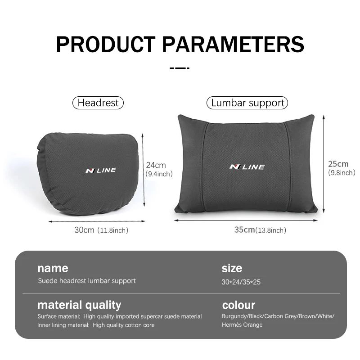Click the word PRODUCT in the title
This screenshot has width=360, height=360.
[x=106, y=44]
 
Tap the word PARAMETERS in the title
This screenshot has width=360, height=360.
[x=233, y=44]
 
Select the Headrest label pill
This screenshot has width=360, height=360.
[x=98, y=103]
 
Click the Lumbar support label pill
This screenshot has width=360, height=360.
[x=247, y=103]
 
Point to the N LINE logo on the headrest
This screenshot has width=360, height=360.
[x=101, y=171]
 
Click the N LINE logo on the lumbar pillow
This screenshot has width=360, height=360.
[x=247, y=167]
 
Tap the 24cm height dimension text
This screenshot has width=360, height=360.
[x=156, y=165]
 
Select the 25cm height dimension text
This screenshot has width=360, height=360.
[x=338, y=164]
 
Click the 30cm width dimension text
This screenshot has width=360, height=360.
[x=84, y=230]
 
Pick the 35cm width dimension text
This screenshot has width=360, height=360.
[x=244, y=229]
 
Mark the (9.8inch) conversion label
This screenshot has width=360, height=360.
[x=342, y=173]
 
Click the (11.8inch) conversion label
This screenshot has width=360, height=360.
[x=113, y=230]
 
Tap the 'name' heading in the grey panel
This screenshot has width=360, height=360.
[x=53, y=268]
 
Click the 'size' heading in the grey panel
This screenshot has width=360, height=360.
[x=232, y=268]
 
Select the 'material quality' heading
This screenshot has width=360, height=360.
[x=79, y=305]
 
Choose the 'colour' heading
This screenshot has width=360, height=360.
[x=238, y=305]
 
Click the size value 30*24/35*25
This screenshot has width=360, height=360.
[x=241, y=282]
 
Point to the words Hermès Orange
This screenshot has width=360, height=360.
[x=242, y=324]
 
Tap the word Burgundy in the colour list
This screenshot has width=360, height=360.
[x=234, y=316]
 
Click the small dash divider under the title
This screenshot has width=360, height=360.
[x=180, y=68]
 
